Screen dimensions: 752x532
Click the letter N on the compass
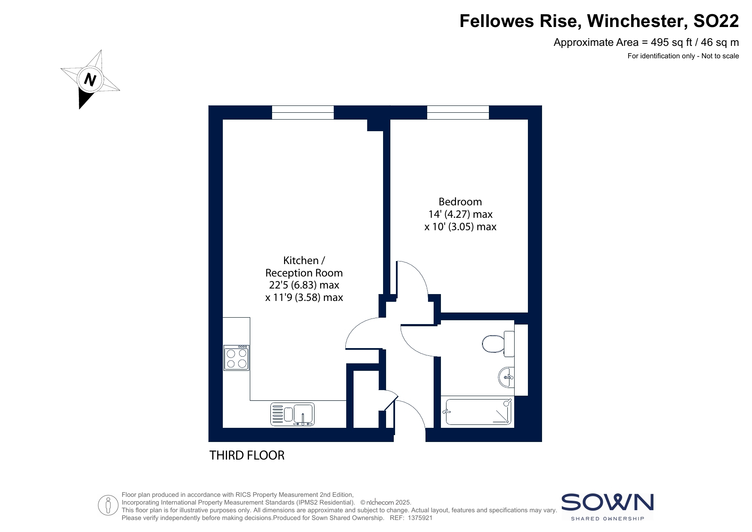(90, 80)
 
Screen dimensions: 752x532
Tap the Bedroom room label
(460, 201)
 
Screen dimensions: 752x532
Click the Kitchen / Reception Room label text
(304, 267)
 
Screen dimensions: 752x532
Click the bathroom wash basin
(506, 377)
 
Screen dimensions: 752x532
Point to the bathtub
(477, 412)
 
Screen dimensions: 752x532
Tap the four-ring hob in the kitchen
(237, 358)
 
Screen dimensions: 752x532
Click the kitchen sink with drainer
(292, 414)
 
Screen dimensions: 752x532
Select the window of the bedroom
(458, 113)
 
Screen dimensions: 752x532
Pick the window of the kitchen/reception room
(303, 113)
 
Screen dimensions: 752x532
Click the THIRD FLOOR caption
(247, 455)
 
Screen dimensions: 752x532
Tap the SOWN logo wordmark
(608, 502)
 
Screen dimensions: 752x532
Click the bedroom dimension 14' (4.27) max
(461, 214)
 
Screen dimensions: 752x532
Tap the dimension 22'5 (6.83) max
(304, 285)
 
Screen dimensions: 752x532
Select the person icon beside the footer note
(108, 505)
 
